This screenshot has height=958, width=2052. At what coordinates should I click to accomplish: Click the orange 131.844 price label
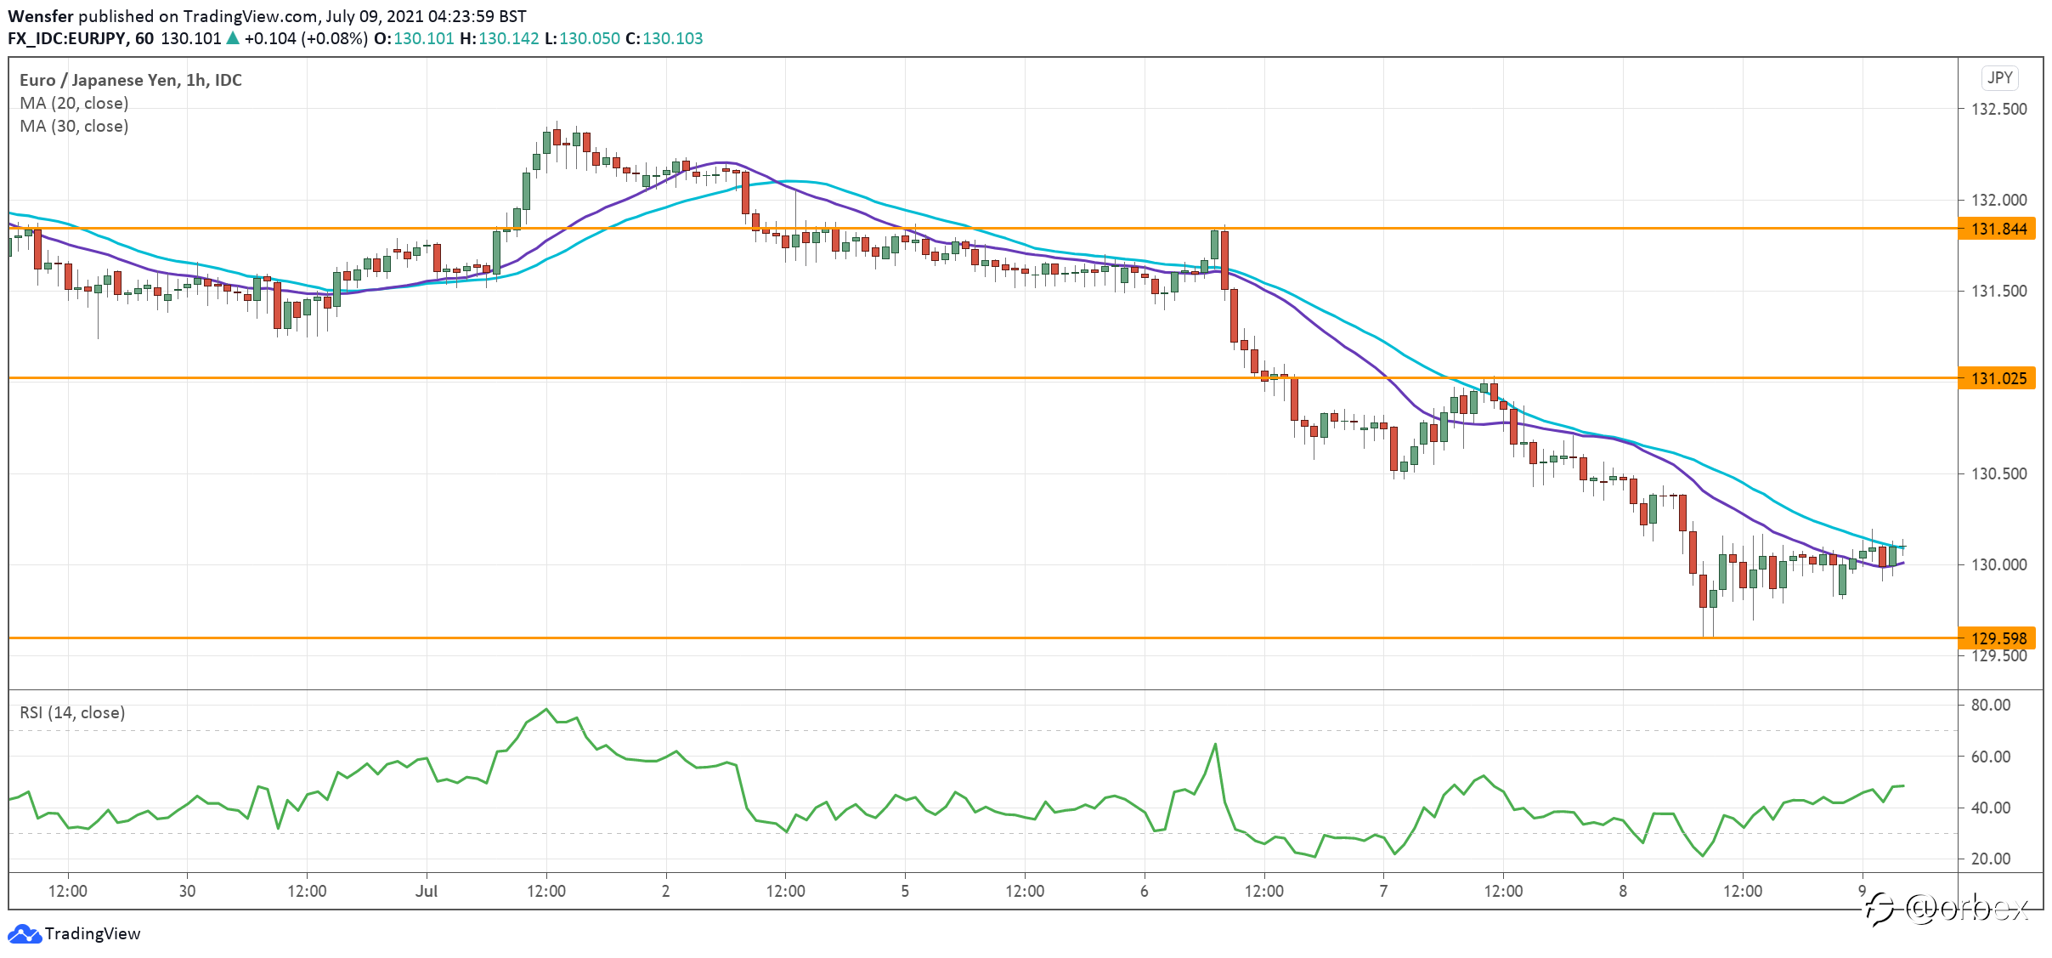pos(1997,229)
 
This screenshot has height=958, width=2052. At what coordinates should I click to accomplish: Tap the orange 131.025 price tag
pos(1997,378)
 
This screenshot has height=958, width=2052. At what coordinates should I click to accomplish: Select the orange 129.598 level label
pos(1997,638)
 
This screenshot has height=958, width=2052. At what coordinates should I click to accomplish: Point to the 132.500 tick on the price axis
pos(1998,109)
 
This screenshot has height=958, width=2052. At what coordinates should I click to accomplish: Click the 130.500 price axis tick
pos(1998,473)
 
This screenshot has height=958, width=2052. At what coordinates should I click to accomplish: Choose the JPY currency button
pos(2000,78)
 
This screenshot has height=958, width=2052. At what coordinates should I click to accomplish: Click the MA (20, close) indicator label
pos(74,103)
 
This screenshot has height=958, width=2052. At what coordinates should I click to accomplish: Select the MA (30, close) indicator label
pos(74,126)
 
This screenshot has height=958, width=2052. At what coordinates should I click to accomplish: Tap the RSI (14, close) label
pos(72,712)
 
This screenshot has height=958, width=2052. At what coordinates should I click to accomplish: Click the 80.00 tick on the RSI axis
pos(1991,705)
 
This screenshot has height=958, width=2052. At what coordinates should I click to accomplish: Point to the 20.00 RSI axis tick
pos(1991,859)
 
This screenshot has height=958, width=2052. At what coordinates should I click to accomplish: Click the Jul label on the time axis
pos(427,891)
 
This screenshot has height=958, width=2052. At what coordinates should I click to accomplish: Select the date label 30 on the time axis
pos(187,891)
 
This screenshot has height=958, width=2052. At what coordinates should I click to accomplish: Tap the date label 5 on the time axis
pos(905,891)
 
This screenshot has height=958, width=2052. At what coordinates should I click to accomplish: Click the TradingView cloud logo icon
pos(24,934)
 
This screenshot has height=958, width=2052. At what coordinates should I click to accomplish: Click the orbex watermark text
pos(1967,910)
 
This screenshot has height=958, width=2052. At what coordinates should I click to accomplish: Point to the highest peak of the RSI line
pos(546,709)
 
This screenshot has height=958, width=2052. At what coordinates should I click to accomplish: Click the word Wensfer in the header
pos(41,16)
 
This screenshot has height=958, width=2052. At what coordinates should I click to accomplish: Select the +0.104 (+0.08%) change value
pos(306,38)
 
